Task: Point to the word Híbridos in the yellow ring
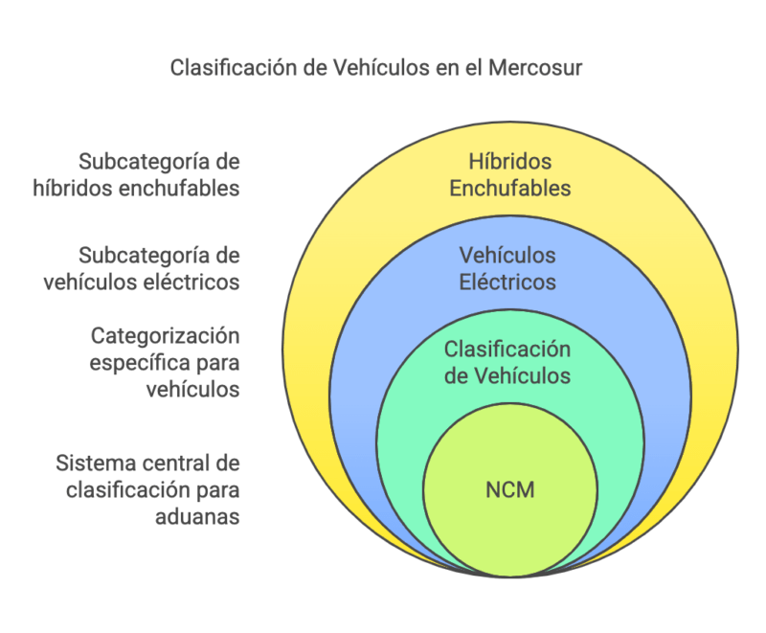[509, 162]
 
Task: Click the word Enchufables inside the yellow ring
[509, 188]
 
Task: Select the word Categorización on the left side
[165, 336]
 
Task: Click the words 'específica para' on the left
[164, 363]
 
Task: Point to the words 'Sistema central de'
[147, 463]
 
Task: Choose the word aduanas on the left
[200, 517]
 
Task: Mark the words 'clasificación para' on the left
[153, 490]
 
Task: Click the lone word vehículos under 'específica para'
[192, 390]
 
